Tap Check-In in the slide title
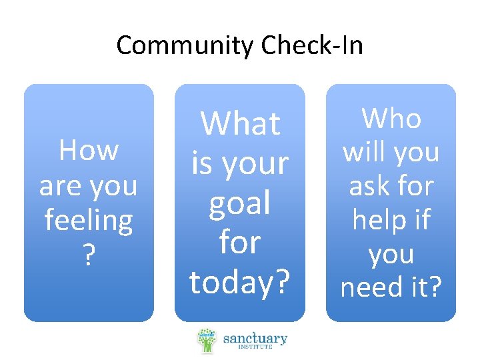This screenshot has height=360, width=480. pyautogui.click(x=312, y=46)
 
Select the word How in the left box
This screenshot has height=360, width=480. pyautogui.click(x=89, y=151)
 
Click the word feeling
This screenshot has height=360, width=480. pyautogui.click(x=89, y=220)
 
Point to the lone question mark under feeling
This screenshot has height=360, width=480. pyautogui.click(x=89, y=255)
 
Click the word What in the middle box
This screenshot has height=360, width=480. pyautogui.click(x=240, y=124)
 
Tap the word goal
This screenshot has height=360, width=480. pyautogui.click(x=240, y=204)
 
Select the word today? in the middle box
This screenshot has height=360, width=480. pyautogui.click(x=240, y=282)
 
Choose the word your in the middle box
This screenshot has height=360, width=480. pyautogui.click(x=257, y=164)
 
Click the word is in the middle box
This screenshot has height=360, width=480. pyautogui.click(x=202, y=164)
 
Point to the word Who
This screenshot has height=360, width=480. pyautogui.click(x=391, y=119)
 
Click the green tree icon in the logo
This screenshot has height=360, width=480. pyautogui.click(x=207, y=340)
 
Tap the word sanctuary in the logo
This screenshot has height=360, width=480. pyautogui.click(x=255, y=338)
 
